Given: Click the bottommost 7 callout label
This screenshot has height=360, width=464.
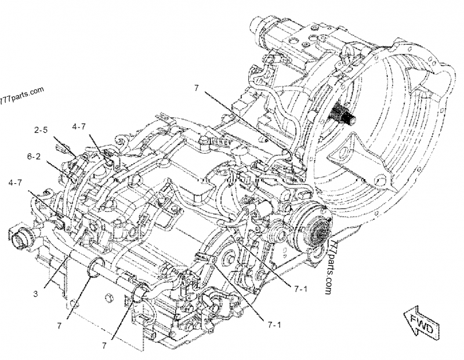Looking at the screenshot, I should (104, 346).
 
